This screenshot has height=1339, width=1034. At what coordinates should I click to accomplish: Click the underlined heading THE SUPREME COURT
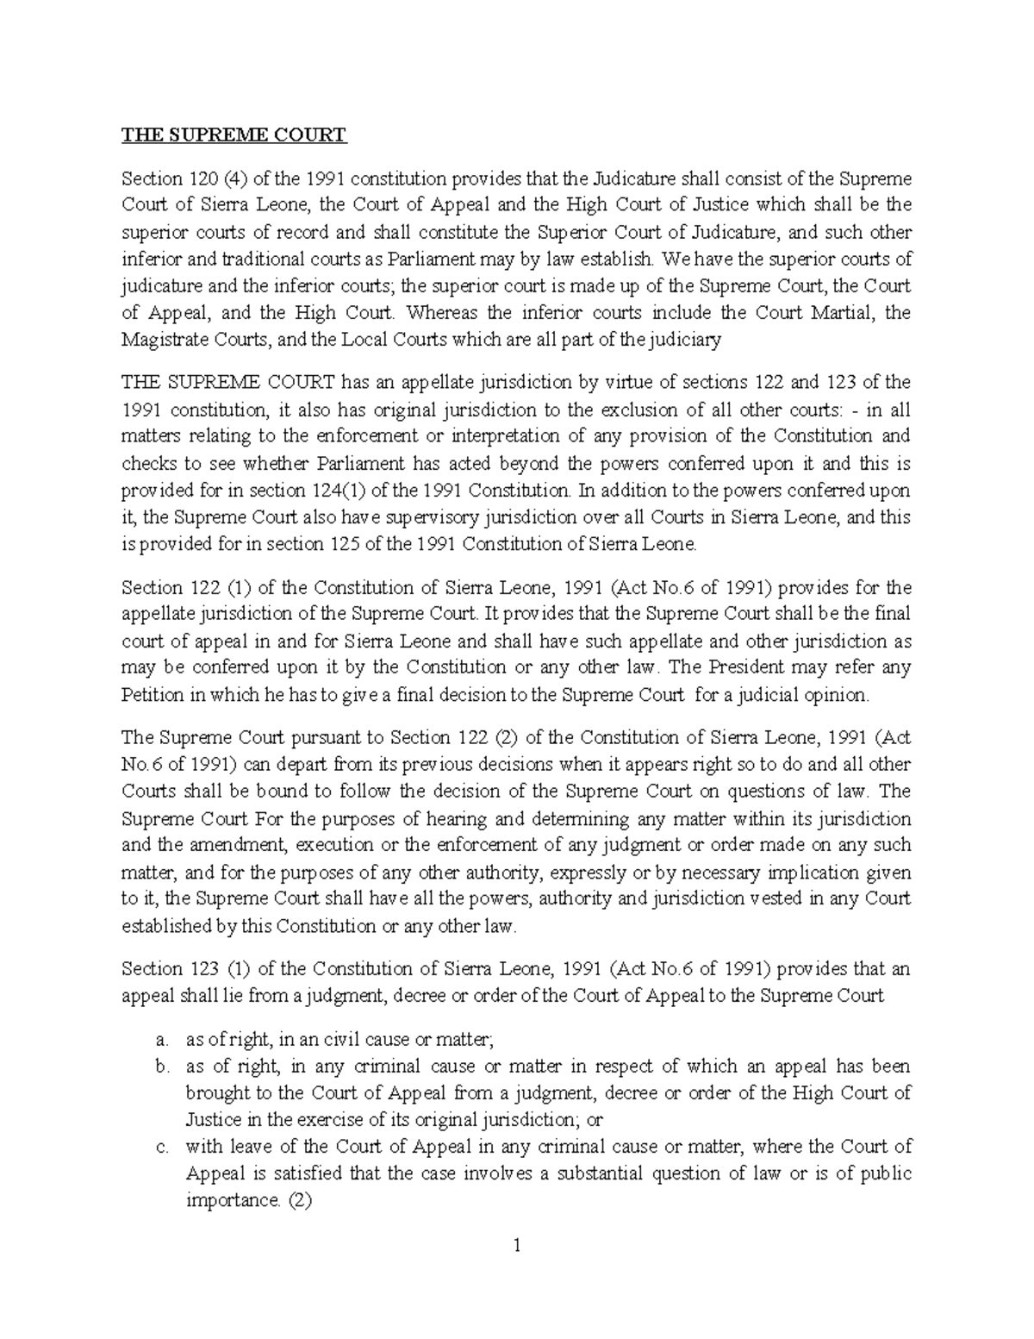pos(234,135)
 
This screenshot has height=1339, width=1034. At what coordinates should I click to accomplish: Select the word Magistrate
pos(161,340)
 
